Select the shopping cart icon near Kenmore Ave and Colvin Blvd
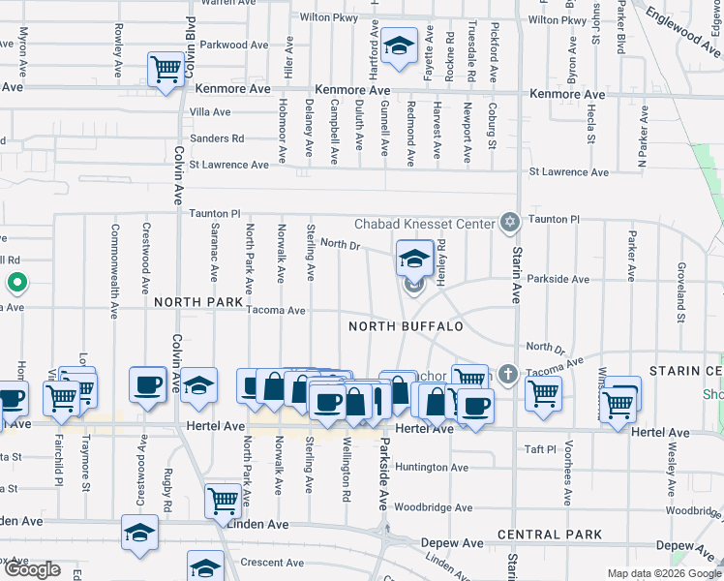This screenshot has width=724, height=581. (x=166, y=69)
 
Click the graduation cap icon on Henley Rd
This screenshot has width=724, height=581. (x=414, y=259)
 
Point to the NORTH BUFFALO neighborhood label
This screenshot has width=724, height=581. (x=406, y=326)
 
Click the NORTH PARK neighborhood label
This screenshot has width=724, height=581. (x=198, y=302)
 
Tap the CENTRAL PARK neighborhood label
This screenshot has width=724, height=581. (x=549, y=535)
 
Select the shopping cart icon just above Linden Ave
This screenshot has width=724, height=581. (x=223, y=502)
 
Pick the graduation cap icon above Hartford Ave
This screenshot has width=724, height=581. (x=397, y=46)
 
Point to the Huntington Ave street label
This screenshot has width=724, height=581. (x=433, y=468)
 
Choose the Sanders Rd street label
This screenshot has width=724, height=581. (x=217, y=138)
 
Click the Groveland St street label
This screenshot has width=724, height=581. (x=681, y=290)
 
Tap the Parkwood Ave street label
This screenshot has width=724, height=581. (x=234, y=45)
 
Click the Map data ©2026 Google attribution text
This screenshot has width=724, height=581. (x=663, y=573)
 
